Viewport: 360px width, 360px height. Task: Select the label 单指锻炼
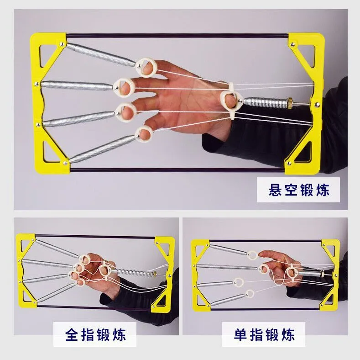[x=258, y=336]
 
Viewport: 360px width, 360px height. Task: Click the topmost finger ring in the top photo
[x=146, y=65]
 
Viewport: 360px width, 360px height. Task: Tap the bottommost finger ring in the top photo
[x=144, y=133]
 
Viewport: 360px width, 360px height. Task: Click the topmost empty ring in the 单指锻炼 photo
[x=251, y=255]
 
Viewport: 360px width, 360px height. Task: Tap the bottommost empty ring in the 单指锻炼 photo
[x=250, y=293]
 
